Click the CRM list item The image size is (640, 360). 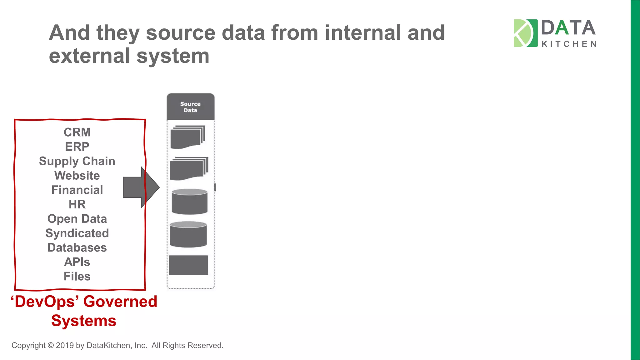77,132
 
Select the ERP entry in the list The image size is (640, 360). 77,147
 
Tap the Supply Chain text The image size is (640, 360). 77,161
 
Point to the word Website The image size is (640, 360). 77,176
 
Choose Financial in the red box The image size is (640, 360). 77,190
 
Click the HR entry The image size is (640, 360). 77,204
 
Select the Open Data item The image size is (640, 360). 77,219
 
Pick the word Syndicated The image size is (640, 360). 77,233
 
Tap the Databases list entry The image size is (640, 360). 77,247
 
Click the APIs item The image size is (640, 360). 77,262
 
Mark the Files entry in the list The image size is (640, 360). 77,276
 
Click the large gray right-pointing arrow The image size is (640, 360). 141,187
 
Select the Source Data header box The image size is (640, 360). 190,107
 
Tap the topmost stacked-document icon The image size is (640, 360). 187,137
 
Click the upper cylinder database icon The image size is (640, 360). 189,202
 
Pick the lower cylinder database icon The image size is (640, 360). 188,234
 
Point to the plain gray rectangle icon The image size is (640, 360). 188,265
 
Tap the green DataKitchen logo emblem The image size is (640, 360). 525,33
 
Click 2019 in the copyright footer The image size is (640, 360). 65,345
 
